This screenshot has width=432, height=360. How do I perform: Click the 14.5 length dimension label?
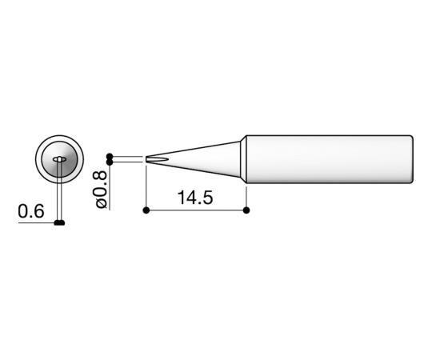[195, 198]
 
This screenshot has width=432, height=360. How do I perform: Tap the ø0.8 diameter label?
[101, 190]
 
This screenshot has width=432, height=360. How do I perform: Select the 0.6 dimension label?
[31, 211]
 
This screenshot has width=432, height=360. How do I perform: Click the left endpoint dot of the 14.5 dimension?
[146, 210]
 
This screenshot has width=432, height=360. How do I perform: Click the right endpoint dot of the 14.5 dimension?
[246, 210]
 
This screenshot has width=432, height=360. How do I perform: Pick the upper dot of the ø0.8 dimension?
[110, 156]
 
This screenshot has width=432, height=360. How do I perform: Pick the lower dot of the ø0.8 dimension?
[110, 162]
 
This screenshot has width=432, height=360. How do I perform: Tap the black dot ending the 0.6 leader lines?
[59, 222]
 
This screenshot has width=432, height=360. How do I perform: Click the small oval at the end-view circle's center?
[59, 159]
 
